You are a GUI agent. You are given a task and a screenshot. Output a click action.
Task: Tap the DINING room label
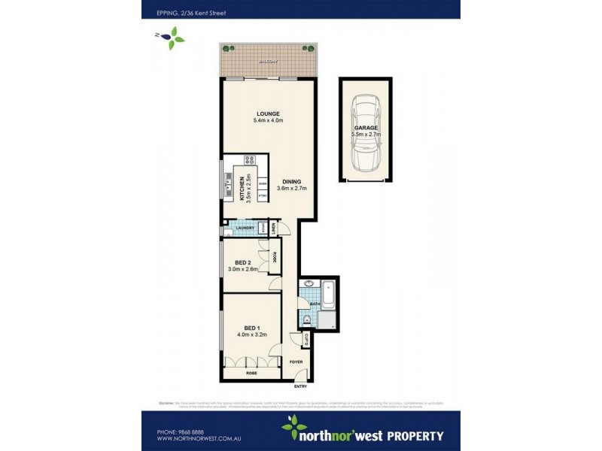(292, 181)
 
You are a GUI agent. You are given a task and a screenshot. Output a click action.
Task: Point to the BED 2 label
(243, 261)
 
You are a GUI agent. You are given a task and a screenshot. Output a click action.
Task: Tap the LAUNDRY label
(244, 228)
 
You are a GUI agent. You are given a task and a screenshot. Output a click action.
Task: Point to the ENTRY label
(300, 386)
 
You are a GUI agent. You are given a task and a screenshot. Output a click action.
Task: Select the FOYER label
(296, 362)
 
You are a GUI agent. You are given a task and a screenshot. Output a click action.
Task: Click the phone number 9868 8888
(178, 431)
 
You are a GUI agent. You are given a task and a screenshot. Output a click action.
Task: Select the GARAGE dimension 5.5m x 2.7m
(366, 135)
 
